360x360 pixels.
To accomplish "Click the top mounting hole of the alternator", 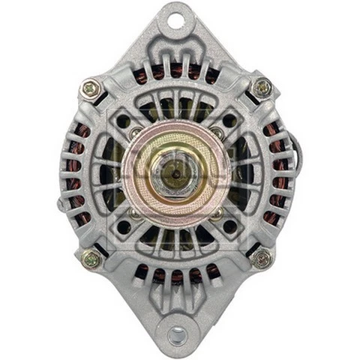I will pos(176,20).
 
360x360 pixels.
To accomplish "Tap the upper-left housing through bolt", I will pos(91,88).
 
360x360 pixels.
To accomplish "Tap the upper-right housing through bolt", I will pos(262,88).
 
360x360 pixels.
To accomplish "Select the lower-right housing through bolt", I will pos(262,258).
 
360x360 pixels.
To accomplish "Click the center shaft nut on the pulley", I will pos(176,174).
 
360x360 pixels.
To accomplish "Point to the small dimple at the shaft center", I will pos(176,174).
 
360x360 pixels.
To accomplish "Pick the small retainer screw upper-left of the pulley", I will pos(135,133).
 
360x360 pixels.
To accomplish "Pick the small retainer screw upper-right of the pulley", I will pos(217,133).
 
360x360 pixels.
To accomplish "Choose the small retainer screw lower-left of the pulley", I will pos(135,214).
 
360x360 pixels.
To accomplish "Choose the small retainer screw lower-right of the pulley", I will pos(217,214).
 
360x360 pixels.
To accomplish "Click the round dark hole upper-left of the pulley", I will pos(124,120).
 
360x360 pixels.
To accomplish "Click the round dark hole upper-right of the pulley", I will pos(229,120).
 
